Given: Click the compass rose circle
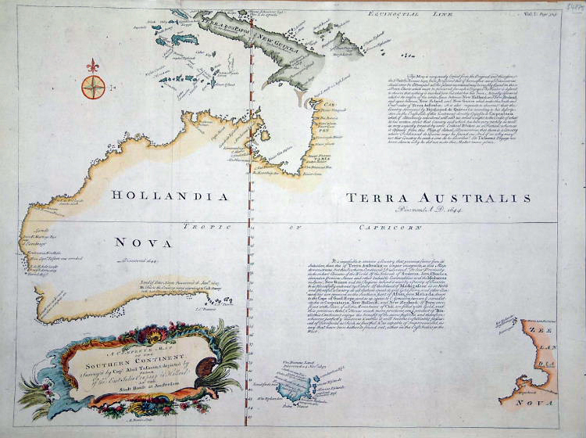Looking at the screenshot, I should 93,85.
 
